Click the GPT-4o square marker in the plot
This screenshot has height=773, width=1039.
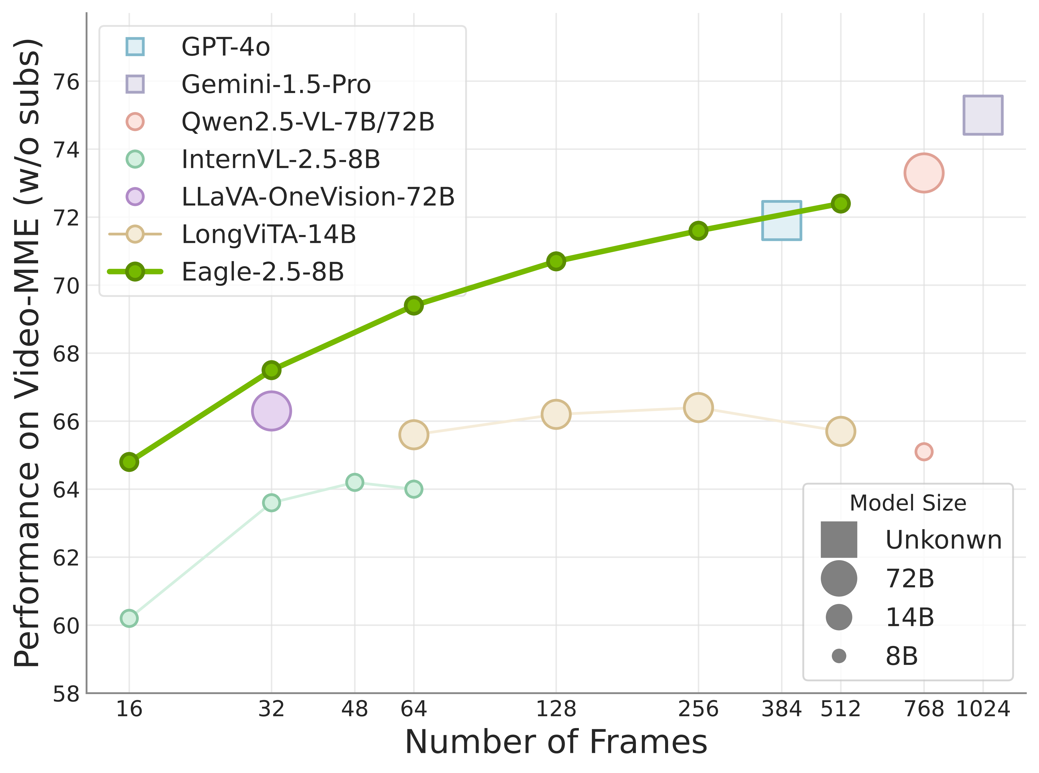(782, 220)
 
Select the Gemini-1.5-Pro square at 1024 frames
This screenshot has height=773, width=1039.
(983, 115)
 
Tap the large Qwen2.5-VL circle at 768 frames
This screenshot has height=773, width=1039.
(923, 173)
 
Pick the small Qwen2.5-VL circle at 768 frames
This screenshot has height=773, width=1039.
(923, 452)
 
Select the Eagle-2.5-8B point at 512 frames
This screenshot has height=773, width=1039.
(840, 203)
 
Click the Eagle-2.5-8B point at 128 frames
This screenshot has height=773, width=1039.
(556, 261)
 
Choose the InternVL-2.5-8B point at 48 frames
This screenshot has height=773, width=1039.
(354, 482)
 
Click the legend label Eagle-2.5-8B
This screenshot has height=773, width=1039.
(263, 272)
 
